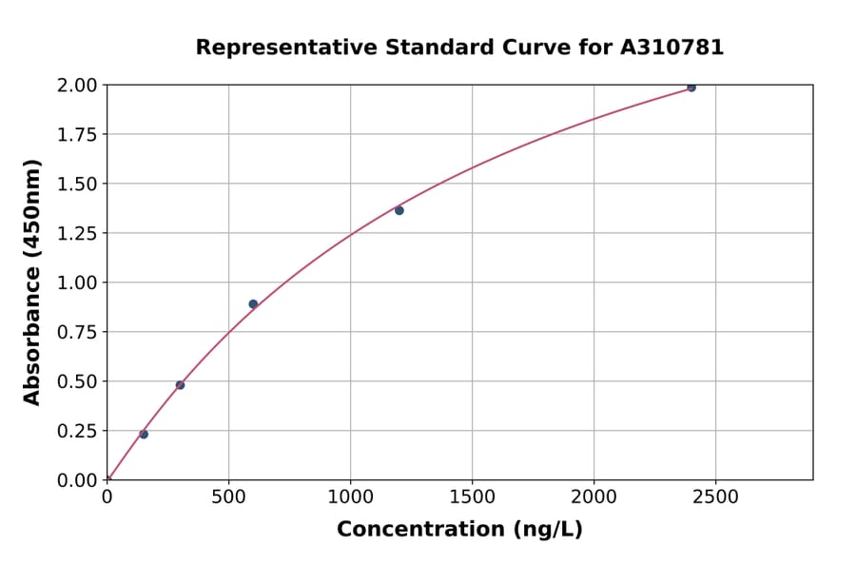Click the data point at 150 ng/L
coord(144,435)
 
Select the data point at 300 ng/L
coord(180,385)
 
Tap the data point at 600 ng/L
coord(253,304)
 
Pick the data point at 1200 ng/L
coord(399,210)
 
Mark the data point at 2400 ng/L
coord(691,88)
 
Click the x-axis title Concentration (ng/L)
coord(459,530)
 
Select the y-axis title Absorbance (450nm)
coord(32,282)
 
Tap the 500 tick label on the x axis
coord(228,497)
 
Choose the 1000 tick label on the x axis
coord(350,497)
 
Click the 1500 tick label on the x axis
coord(472,497)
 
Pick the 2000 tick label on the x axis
coord(593,497)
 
